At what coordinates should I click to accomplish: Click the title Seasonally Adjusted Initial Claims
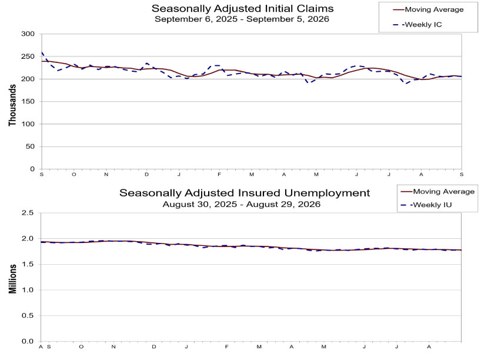[242, 8]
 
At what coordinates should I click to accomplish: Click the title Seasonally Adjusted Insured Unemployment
[245, 193]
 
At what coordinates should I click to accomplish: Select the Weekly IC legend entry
[417, 25]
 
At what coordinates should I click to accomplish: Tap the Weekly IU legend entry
[426, 205]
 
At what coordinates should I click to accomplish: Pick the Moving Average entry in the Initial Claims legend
[428, 9]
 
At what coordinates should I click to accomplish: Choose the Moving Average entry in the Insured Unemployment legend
[437, 192]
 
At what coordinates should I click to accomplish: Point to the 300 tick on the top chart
[28, 34]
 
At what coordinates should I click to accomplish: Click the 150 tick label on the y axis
[28, 101]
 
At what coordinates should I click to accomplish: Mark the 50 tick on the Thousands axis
[30, 146]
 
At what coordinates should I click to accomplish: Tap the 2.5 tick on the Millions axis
[28, 213]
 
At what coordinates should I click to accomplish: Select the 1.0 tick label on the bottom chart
[28, 289]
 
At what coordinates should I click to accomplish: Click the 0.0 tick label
[28, 341]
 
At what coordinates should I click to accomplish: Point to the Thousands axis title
[12, 105]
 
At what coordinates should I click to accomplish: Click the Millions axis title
[12, 279]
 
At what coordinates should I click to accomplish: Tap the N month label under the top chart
[106, 174]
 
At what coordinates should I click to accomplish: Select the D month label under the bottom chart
[153, 346]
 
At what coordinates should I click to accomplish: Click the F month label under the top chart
[219, 174]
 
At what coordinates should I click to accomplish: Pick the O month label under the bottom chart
[81, 346]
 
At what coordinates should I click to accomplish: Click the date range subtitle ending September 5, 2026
[242, 19]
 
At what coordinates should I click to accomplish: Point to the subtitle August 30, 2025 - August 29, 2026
[242, 204]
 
